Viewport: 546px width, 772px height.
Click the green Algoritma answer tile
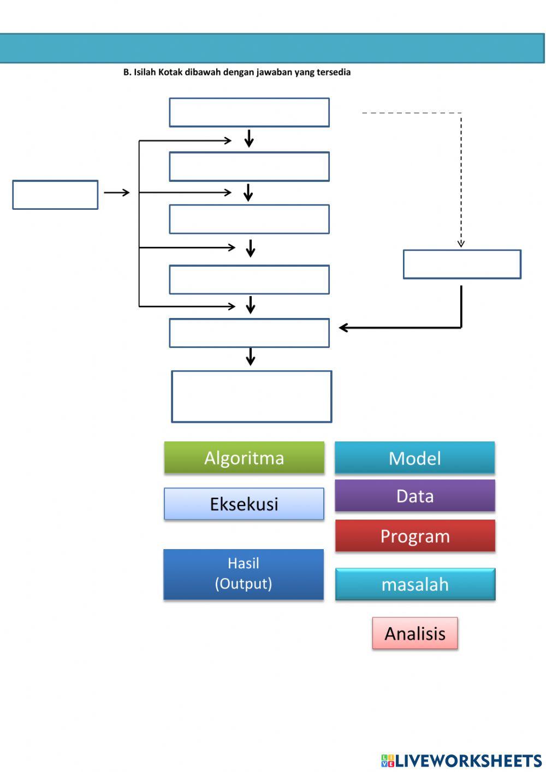244,458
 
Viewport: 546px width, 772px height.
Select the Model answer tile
415,458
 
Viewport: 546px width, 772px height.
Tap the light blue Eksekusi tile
244,504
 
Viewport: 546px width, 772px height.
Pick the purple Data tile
415,496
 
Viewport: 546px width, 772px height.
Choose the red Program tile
415,536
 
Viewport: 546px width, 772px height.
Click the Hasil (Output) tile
244,574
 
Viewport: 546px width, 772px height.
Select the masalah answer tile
415,585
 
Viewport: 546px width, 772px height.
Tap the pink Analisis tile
415,634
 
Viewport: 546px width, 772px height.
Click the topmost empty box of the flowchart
249,113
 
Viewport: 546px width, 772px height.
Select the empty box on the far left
55,195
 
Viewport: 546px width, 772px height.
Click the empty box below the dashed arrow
462,264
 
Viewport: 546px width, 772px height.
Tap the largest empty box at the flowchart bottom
252,397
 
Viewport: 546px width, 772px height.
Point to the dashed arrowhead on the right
461,243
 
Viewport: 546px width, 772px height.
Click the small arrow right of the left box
117,192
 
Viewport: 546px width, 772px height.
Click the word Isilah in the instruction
145,72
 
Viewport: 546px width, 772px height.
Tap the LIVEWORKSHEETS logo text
468,761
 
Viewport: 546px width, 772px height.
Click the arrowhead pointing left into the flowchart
343,328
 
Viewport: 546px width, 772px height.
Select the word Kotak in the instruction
170,72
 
